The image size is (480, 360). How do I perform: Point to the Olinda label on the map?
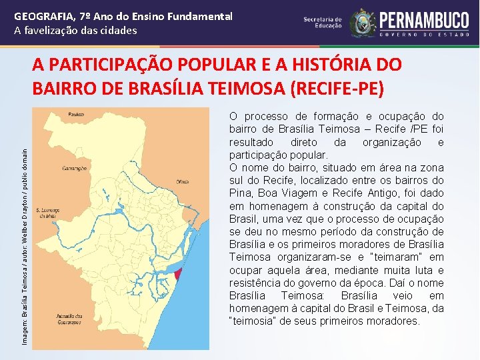click(x=183, y=180)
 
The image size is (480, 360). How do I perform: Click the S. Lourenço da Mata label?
click(x=47, y=212)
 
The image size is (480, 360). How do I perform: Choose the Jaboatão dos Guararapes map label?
click(x=69, y=318)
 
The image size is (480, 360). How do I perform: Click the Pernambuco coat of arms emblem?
click(x=363, y=23)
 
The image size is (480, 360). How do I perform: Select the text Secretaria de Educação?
click(x=323, y=23)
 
